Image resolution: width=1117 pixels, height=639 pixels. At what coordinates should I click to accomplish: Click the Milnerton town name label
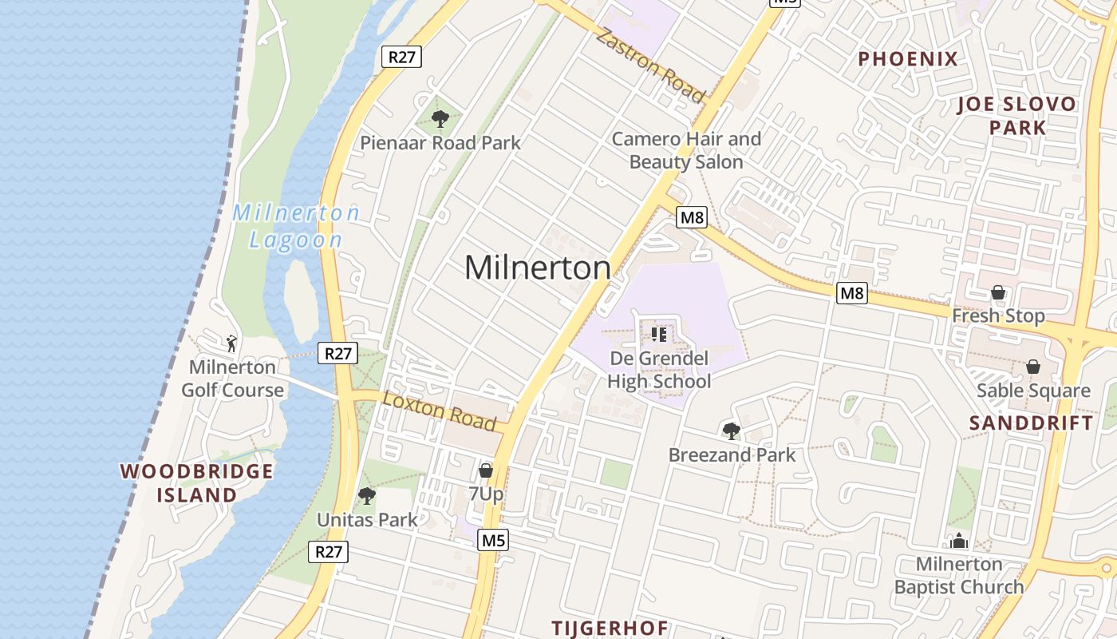pyautogui.click(x=537, y=268)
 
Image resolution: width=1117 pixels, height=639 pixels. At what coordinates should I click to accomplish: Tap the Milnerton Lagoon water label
pyautogui.click(x=296, y=226)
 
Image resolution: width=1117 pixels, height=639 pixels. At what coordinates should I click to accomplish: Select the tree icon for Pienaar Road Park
pyautogui.click(x=440, y=120)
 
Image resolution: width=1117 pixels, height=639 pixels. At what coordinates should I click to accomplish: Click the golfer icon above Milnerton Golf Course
pyautogui.click(x=231, y=343)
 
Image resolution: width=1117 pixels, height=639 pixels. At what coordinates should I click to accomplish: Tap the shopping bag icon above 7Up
pyautogui.click(x=485, y=470)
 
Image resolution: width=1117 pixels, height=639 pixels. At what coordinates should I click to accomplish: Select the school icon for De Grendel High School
pyautogui.click(x=658, y=334)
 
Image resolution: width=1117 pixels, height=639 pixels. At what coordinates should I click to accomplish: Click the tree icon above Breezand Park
pyautogui.click(x=731, y=431)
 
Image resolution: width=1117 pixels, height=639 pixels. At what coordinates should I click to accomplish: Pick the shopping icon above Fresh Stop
pyautogui.click(x=997, y=292)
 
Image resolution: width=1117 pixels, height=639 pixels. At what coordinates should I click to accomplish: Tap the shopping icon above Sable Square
pyautogui.click(x=1032, y=367)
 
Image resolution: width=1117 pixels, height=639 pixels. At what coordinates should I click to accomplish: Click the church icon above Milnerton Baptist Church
pyautogui.click(x=958, y=541)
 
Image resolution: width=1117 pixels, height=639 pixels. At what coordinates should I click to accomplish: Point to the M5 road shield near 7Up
pyautogui.click(x=493, y=541)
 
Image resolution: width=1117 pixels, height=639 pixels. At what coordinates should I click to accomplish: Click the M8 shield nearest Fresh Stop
pyautogui.click(x=852, y=293)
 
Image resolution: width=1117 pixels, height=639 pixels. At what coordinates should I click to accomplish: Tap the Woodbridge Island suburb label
pyautogui.click(x=197, y=482)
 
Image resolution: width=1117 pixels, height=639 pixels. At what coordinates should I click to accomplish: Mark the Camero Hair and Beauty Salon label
pyautogui.click(x=686, y=150)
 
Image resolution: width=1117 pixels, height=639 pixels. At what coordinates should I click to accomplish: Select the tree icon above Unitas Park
pyautogui.click(x=366, y=496)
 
